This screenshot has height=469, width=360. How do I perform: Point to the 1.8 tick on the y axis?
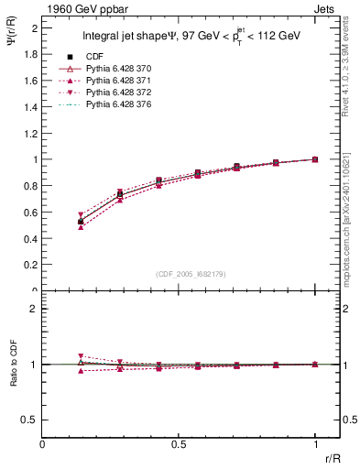(x=29, y=54)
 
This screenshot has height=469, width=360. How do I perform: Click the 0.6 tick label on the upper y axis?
(x=29, y=213)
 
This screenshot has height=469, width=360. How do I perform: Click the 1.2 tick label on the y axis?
(x=29, y=134)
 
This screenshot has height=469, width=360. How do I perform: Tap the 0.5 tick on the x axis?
(x=179, y=444)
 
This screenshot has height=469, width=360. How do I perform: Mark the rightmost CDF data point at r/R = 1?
(x=316, y=159)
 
